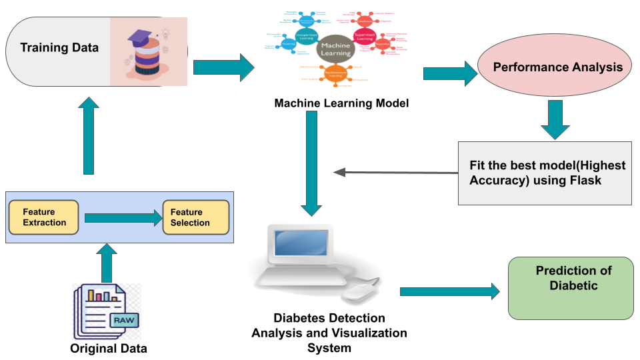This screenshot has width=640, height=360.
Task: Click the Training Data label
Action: pos(59,48)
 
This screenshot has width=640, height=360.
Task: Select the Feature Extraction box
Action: pos(44,217)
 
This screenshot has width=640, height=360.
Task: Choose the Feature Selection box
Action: pos(195,217)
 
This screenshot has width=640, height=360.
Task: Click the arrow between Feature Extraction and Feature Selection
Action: pos(124,217)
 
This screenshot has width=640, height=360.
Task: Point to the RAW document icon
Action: pos(107,310)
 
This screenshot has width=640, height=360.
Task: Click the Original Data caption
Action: pos(109,349)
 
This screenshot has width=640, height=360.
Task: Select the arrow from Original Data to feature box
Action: pos(106,262)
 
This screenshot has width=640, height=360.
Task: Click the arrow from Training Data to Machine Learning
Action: pos(224,67)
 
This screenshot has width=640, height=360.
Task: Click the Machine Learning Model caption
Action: pos(341,103)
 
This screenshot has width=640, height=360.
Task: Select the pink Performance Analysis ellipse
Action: pos(557,67)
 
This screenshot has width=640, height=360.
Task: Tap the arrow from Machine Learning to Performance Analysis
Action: pos(451,73)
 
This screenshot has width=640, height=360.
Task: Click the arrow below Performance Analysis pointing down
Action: pos(555,120)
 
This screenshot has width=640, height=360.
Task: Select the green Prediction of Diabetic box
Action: pos(571,288)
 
